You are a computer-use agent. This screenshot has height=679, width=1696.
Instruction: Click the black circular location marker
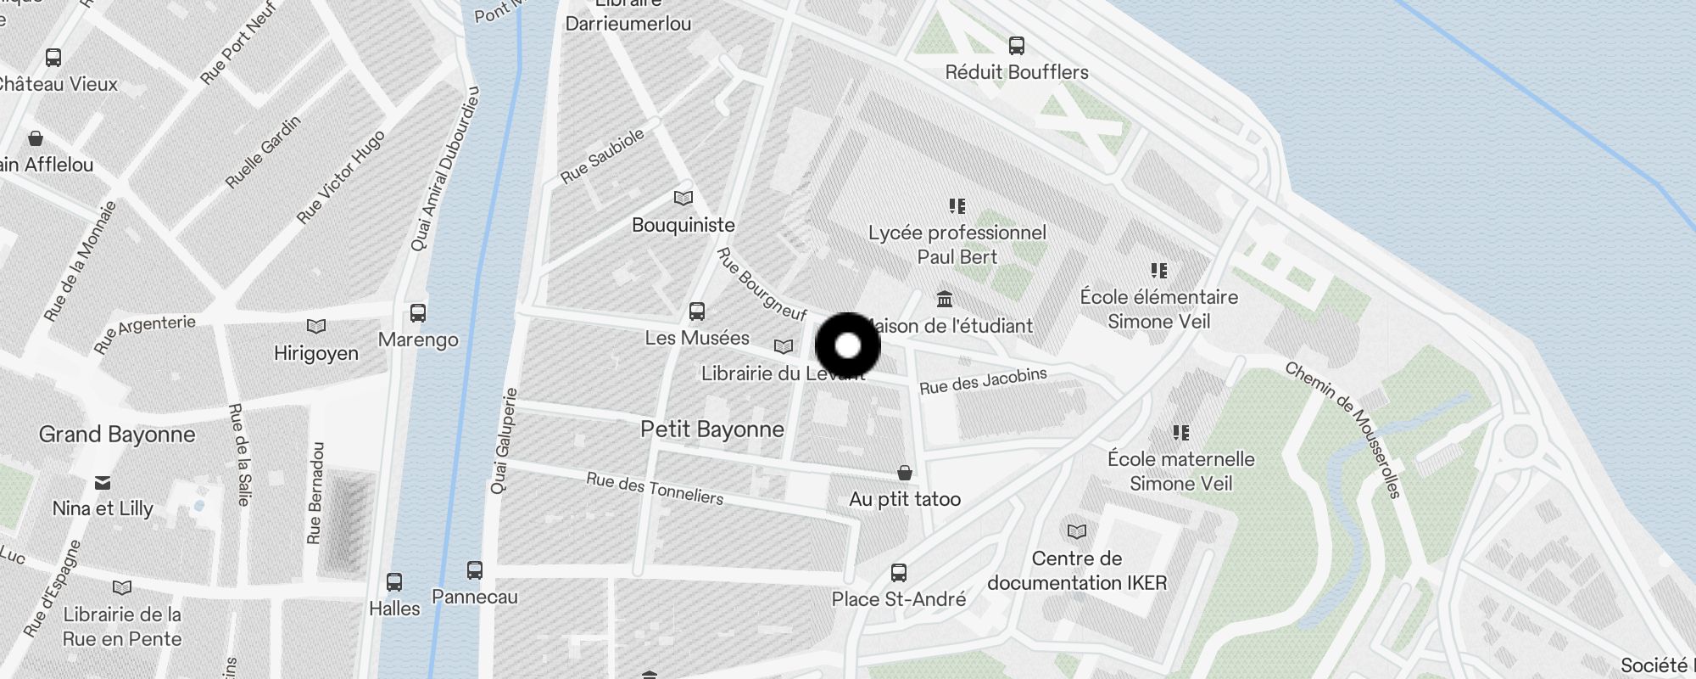[x=848, y=346]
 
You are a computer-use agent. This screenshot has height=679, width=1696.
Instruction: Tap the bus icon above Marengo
[x=418, y=313]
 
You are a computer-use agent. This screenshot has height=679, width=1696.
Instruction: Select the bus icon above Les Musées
[x=697, y=311]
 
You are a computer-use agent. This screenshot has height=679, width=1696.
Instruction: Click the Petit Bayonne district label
[x=711, y=429]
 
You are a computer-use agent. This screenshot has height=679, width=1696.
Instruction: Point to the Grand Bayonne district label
[x=117, y=435]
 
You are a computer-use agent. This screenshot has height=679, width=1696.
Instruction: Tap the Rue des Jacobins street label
[x=983, y=381]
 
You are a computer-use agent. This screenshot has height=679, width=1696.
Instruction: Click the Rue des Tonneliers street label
[x=655, y=488]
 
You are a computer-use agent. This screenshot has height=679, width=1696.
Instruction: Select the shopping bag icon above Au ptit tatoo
[x=905, y=472]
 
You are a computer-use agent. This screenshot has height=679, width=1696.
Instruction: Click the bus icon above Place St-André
[x=899, y=573]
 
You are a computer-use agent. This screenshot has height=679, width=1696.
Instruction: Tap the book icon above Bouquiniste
[x=683, y=199]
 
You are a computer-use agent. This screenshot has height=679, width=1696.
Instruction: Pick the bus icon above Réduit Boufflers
[x=1017, y=46]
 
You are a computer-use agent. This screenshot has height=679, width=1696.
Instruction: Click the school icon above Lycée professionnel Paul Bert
[x=957, y=206]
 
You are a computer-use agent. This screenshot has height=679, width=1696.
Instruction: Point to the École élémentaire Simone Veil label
[x=1158, y=309]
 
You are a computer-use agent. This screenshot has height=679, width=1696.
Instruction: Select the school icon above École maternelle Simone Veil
[x=1181, y=433]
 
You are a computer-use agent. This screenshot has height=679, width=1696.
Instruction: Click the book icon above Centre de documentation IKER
[x=1077, y=532]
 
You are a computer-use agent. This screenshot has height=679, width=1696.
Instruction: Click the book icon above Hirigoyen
[x=316, y=327]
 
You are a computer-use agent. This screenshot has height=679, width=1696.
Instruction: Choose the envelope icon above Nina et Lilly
[x=103, y=483]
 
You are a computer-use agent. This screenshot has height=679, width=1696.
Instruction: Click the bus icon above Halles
[x=394, y=582]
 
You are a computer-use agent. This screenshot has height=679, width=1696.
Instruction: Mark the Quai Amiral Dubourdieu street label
[x=444, y=170]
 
